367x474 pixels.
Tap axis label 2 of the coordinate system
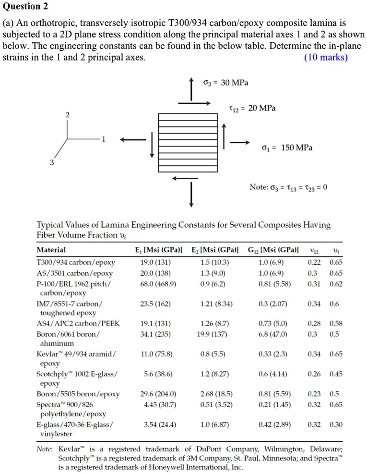tap(67, 115)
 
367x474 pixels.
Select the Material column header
tap(51, 250)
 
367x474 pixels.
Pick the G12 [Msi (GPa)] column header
tap(273, 250)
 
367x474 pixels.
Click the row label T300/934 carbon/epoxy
tap(72, 262)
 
